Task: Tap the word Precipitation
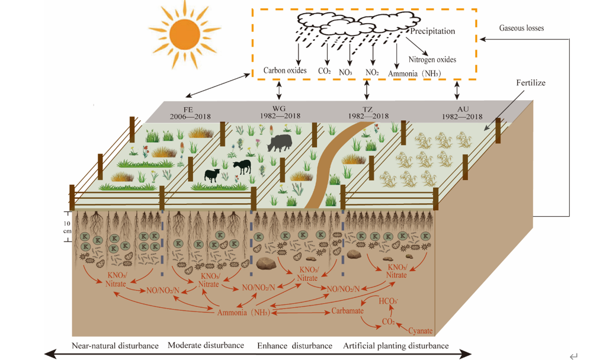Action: tap(432, 31)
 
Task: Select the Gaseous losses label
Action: tap(521, 28)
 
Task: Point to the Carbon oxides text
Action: tap(285, 71)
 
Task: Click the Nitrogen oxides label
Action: tap(432, 59)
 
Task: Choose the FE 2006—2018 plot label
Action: tap(190, 112)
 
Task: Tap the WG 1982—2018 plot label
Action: tap(280, 112)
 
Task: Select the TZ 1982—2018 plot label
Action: tap(367, 112)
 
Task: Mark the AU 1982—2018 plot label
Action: tap(462, 112)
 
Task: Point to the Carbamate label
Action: tap(347, 311)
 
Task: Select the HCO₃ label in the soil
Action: tap(388, 301)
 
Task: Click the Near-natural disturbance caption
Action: tap(115, 345)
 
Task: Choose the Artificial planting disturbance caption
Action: tap(396, 345)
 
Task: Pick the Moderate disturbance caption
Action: tap(206, 345)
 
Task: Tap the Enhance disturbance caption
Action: tap(294, 345)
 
